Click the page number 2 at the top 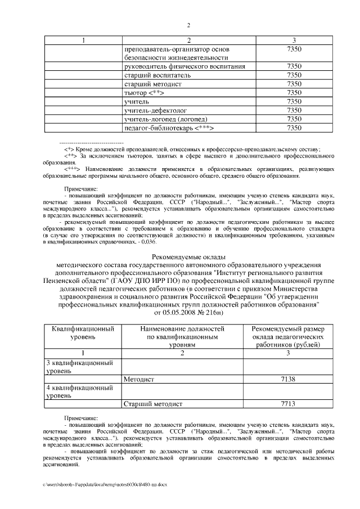[x=188, y=25]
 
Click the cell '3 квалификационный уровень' [x=78, y=367]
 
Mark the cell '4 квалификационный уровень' [x=78, y=391]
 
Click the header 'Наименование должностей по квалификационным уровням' [x=182, y=336]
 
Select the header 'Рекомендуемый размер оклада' [x=287, y=336]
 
